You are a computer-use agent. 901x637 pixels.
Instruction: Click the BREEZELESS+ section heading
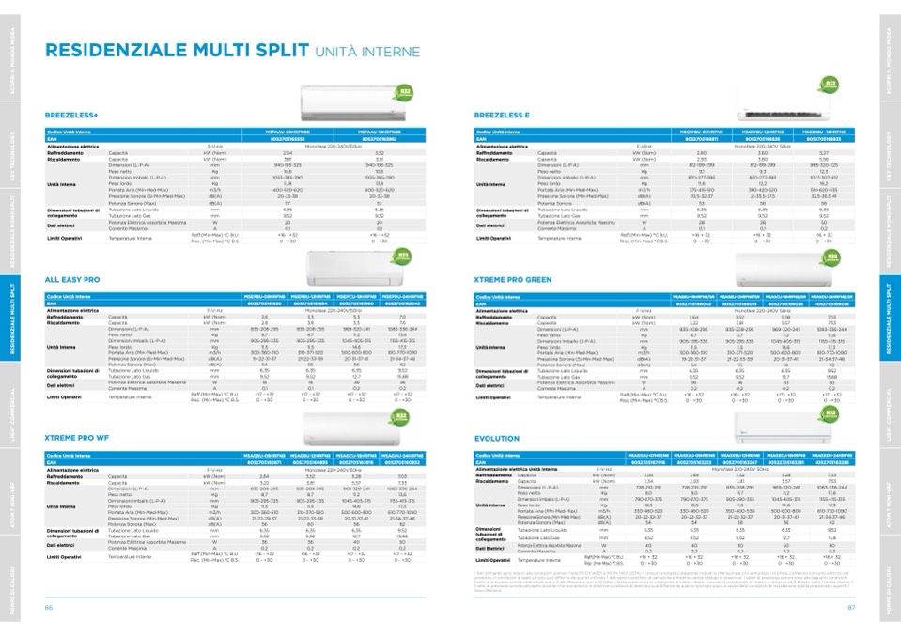coord(71,116)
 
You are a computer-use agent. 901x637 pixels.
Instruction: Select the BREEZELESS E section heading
coord(503,116)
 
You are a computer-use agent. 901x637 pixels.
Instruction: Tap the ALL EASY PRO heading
coord(72,279)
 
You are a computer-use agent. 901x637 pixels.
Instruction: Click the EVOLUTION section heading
coord(497,438)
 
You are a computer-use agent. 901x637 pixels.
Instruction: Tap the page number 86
coord(48,607)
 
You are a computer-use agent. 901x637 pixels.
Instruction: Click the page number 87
coord(851,607)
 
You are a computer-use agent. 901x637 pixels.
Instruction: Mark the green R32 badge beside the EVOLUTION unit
coord(831,413)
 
